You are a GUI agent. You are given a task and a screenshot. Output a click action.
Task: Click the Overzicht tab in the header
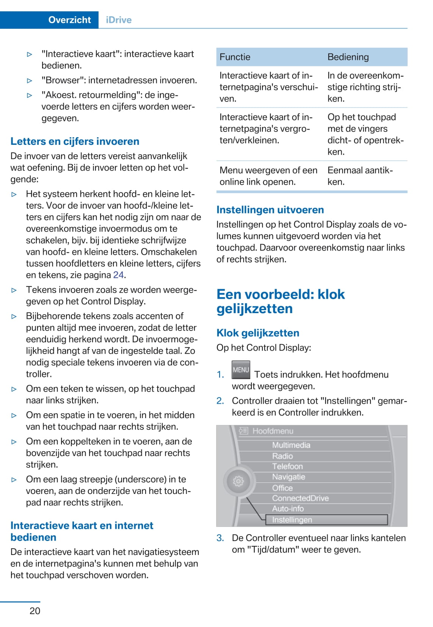click(x=69, y=20)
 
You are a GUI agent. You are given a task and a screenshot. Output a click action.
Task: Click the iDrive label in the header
click(x=119, y=20)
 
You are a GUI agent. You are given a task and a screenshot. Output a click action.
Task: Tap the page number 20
click(x=35, y=611)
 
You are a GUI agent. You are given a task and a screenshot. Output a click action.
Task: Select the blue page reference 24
click(x=119, y=275)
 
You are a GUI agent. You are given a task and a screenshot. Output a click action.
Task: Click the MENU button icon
click(x=241, y=370)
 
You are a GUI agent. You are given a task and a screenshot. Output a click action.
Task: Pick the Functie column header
click(x=235, y=57)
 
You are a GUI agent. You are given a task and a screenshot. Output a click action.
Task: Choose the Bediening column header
click(x=348, y=57)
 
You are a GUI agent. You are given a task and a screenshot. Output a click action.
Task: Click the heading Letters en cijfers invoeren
click(x=75, y=141)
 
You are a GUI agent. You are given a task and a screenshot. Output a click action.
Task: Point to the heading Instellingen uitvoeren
click(x=270, y=210)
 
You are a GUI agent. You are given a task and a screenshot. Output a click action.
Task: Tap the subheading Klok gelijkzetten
click(x=258, y=333)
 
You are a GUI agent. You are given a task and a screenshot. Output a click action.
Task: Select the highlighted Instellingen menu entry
click(x=292, y=520)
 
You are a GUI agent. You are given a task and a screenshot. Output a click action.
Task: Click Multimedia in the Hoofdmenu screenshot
click(x=291, y=445)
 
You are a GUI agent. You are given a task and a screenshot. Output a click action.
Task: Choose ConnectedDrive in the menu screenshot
click(x=300, y=498)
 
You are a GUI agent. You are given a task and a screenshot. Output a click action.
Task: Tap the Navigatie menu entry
click(x=289, y=477)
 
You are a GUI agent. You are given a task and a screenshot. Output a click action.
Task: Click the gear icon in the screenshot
click(x=238, y=481)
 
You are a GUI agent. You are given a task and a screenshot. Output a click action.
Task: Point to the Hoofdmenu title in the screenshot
click(x=273, y=431)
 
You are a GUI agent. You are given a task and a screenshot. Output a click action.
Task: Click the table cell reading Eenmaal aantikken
click(x=360, y=176)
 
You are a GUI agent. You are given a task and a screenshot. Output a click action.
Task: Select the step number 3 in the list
click(x=220, y=538)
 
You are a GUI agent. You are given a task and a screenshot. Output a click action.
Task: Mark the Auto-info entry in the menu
click(x=288, y=509)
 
